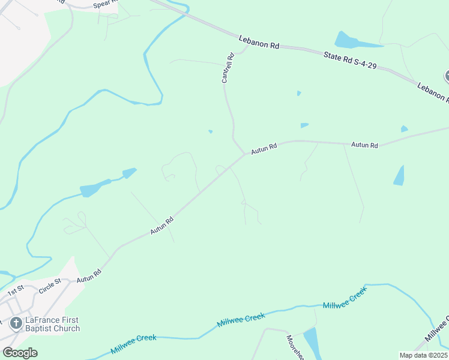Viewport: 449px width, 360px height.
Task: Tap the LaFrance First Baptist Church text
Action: [53, 324]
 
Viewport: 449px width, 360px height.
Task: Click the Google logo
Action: [20, 353]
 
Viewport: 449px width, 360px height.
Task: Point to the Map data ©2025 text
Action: [423, 355]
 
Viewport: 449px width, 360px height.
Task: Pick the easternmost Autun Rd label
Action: [364, 145]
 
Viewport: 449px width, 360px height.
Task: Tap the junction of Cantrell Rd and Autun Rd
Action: [244, 154]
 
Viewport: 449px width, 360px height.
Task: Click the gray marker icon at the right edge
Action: [447, 76]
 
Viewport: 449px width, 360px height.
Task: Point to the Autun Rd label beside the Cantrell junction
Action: [264, 148]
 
